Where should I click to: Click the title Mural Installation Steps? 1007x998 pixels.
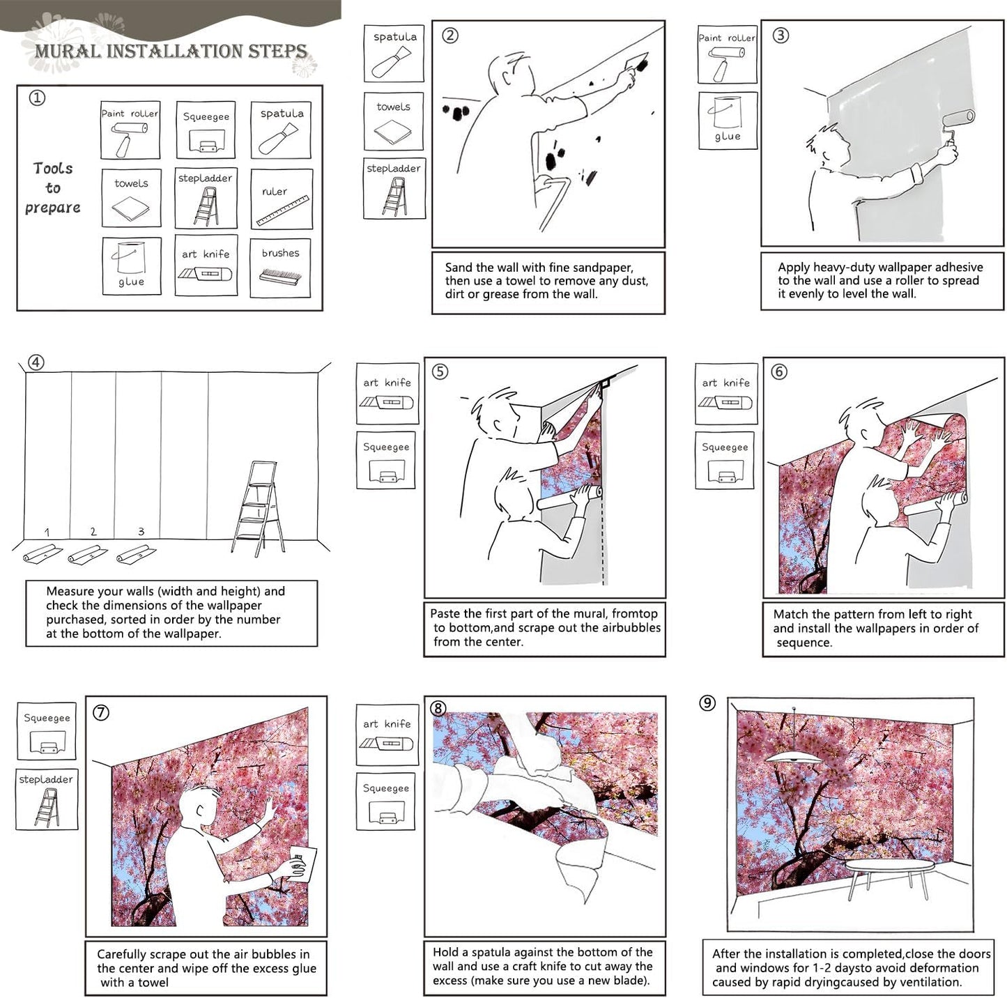coord(171,51)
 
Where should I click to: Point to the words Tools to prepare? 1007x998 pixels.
coord(52,187)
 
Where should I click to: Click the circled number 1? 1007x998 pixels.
coord(37,98)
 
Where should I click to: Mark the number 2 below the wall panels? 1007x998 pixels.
coord(93,531)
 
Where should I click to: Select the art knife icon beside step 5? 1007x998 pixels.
coord(387,393)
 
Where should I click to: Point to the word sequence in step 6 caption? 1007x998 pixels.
coord(804,643)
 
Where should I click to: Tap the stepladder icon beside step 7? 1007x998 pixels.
coord(46,800)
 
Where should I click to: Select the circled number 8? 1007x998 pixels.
coord(438,708)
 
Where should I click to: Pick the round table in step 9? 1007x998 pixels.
coord(889,867)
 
